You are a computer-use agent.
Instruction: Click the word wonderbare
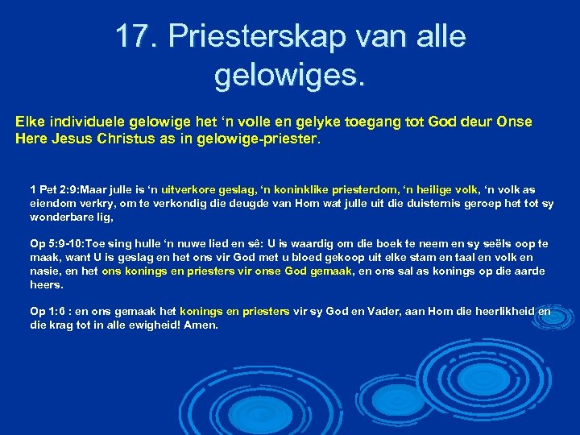tap(60, 217)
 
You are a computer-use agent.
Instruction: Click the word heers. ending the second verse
tap(46, 285)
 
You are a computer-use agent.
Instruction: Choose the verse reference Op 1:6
tap(48, 310)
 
